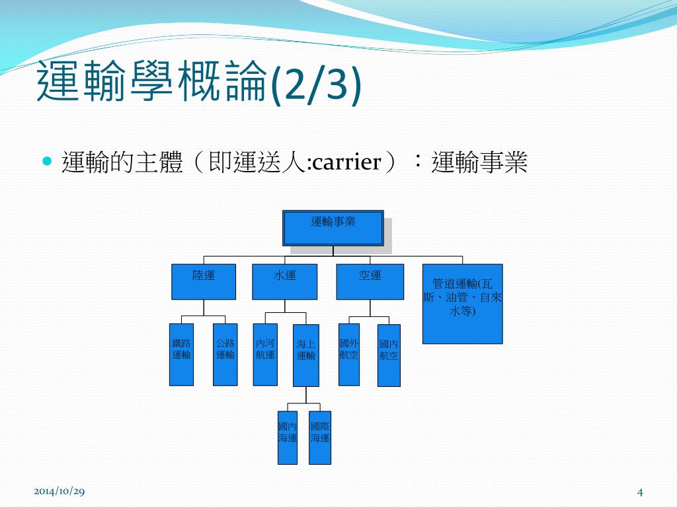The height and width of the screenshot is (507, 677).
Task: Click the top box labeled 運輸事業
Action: coord(333,228)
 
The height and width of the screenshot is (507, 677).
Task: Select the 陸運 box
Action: coord(204,282)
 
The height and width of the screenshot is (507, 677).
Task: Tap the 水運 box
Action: coord(285,282)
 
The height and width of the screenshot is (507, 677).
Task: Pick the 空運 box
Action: coord(370,282)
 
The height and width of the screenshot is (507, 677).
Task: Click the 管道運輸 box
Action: coord(463,304)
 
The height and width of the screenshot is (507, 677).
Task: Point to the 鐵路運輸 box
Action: coord(182,355)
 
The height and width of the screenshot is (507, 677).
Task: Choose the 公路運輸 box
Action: coord(225,355)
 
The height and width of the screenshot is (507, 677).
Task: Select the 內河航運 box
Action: coord(265,355)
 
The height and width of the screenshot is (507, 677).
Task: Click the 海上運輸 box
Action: coord(306,355)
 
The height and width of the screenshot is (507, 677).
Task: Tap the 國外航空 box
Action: coord(349,355)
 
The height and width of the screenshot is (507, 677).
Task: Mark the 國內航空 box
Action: coord(389,355)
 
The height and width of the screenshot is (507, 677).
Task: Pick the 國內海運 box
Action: coord(288,438)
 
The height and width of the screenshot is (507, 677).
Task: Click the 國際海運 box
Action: coord(320,438)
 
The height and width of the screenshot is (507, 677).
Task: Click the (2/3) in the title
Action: coord(316,84)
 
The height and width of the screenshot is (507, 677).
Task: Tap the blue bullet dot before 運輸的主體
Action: coord(46,161)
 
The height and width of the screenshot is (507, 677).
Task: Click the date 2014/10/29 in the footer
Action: coord(59,491)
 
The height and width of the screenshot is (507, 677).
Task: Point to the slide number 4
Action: coord(640,492)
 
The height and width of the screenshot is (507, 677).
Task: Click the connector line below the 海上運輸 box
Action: coord(305,395)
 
